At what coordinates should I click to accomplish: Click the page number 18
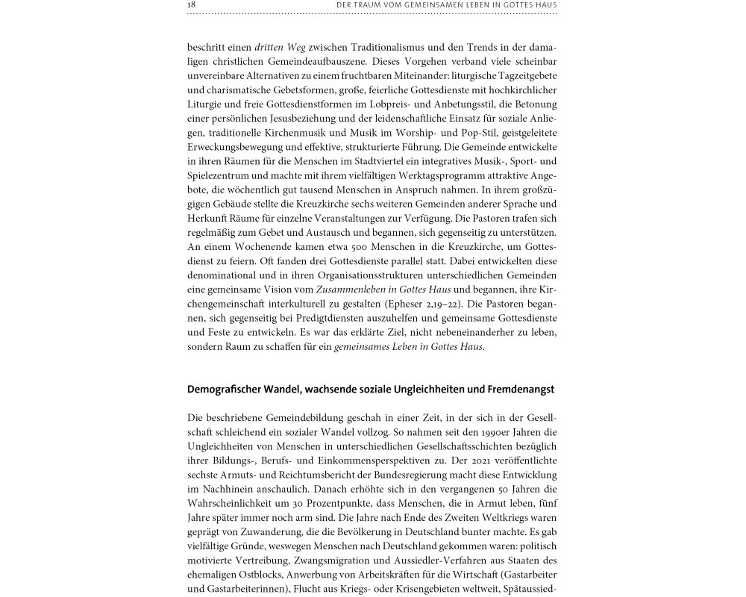tap(192, 5)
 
